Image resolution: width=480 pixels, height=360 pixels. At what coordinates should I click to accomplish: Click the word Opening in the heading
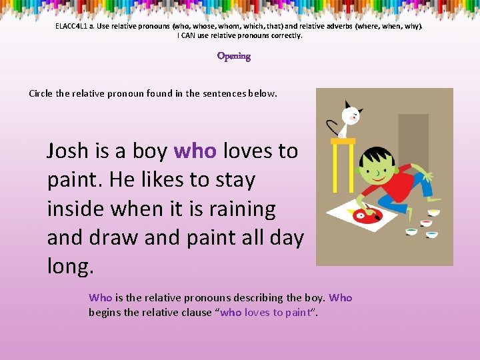(x=233, y=56)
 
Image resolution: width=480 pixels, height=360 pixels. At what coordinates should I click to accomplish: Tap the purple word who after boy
(x=195, y=151)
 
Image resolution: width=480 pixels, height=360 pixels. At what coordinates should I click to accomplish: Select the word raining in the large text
(x=237, y=209)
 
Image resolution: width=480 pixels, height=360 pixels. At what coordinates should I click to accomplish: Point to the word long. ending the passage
(x=71, y=267)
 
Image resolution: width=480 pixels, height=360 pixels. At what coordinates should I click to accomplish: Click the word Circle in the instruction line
(x=41, y=93)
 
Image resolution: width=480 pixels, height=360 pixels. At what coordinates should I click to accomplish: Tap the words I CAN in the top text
(x=187, y=35)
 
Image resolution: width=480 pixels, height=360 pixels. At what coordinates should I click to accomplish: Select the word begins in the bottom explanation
(x=103, y=312)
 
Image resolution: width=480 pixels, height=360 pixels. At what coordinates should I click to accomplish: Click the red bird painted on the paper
(x=363, y=215)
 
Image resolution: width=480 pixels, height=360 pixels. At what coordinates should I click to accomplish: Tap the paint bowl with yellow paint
(x=433, y=213)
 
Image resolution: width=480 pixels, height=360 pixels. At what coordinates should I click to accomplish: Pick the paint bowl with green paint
(x=411, y=231)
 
